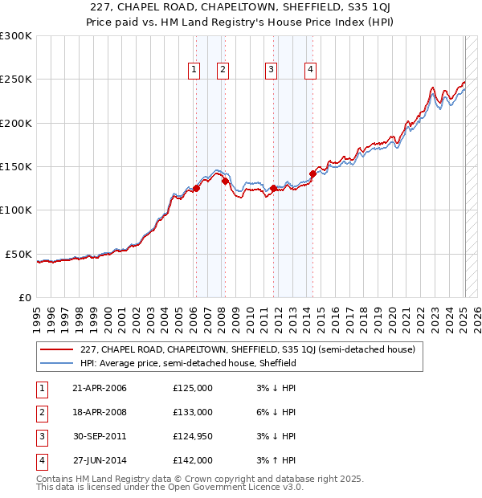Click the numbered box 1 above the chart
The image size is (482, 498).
click(x=194, y=71)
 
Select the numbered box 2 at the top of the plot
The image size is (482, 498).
click(x=222, y=71)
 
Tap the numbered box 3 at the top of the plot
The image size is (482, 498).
click(x=272, y=71)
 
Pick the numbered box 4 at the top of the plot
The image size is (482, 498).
click(x=309, y=71)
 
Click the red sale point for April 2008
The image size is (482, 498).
click(x=225, y=182)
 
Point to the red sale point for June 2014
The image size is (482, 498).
click(x=312, y=173)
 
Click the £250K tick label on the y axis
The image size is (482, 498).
click(x=16, y=80)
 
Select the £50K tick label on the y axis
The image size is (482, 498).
click(x=18, y=254)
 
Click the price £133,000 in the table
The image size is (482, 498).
click(x=193, y=412)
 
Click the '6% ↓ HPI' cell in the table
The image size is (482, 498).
click(x=277, y=412)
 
